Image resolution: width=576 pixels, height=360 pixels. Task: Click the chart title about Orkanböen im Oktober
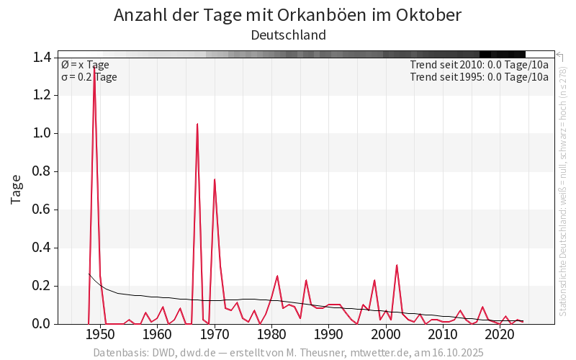coord(288,14)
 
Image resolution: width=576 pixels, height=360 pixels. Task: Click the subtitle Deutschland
coord(288,35)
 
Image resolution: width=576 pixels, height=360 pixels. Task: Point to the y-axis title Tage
coord(16,190)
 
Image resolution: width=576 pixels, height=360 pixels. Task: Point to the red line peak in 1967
coord(197,124)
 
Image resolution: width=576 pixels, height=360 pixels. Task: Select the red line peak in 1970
coord(215,179)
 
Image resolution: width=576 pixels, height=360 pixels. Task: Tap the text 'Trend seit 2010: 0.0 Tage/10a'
coord(479,65)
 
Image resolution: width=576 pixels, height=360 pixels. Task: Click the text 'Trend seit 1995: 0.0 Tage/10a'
coord(479,77)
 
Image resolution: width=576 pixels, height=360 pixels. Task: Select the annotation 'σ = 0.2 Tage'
coord(89,77)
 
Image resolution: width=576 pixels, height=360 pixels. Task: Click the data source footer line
coord(288,353)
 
